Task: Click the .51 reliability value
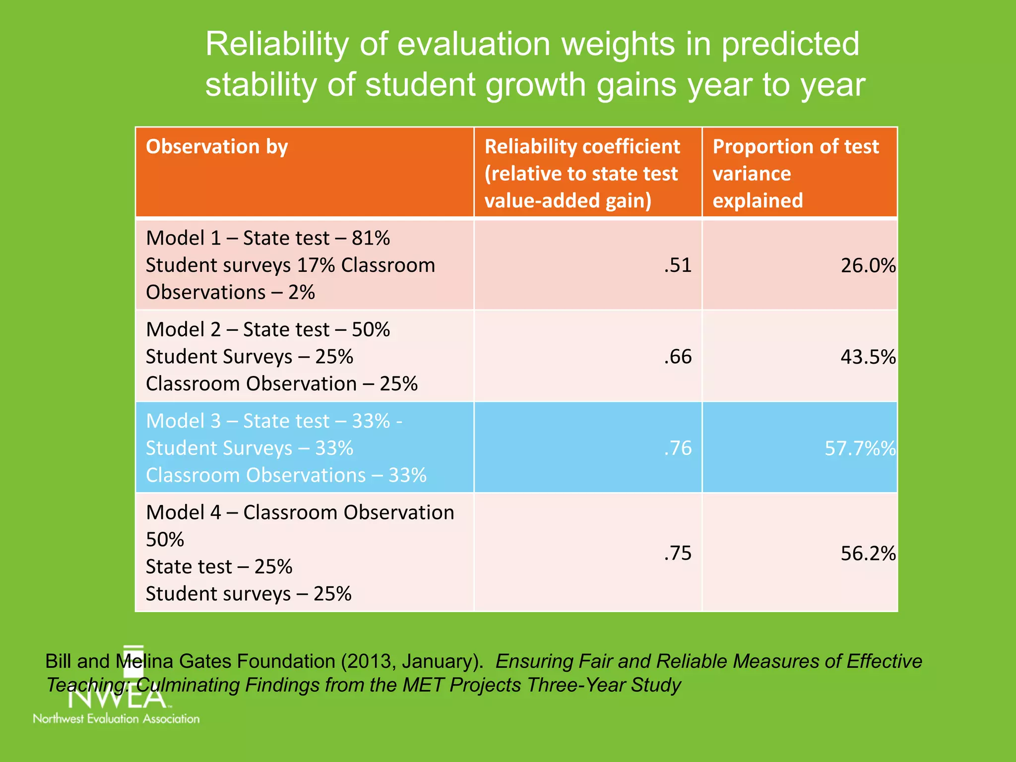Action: tap(678, 265)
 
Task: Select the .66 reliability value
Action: tap(678, 357)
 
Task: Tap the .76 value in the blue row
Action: tap(678, 448)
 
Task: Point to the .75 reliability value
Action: tap(678, 553)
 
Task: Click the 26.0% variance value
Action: tap(868, 266)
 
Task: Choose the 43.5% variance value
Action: tap(868, 357)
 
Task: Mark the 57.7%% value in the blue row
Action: tap(860, 448)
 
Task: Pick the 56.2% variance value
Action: tap(868, 554)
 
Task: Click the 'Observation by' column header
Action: tap(217, 147)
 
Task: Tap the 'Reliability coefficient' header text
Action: tap(582, 147)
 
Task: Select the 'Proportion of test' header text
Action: tap(795, 147)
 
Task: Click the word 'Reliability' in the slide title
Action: tap(277, 45)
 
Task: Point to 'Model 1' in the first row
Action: tap(183, 238)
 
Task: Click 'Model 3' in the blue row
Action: tap(183, 421)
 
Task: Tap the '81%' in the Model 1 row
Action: tap(371, 238)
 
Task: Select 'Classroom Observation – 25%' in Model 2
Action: tap(281, 384)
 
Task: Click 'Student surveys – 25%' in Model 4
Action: tap(248, 594)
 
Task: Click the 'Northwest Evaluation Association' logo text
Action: tap(116, 718)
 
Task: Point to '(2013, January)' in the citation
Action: tap(412, 661)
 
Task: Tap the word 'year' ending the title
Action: tap(833, 85)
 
